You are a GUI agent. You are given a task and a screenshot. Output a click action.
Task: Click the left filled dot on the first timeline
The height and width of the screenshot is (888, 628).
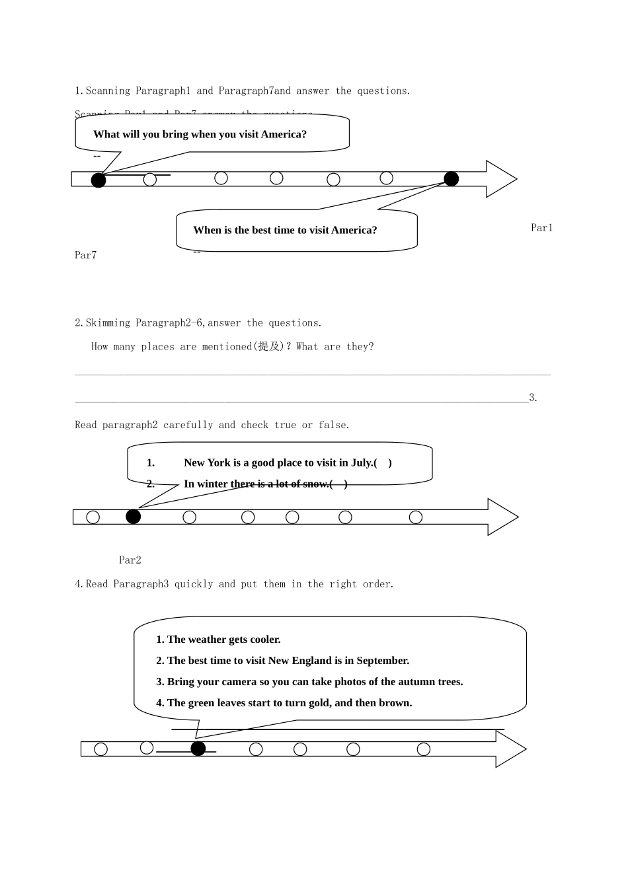point(98,180)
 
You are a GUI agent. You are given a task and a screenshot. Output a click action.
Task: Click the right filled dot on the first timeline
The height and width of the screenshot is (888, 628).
point(451,178)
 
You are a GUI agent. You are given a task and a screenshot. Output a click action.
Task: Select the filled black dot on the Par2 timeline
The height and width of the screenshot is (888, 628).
point(134,517)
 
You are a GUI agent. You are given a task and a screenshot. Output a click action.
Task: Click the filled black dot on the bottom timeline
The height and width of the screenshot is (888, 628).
point(198,749)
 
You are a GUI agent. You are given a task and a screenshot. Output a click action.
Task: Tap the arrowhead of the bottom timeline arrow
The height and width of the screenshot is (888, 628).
point(510,749)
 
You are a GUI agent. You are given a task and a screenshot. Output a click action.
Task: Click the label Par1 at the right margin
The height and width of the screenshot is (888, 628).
point(541,228)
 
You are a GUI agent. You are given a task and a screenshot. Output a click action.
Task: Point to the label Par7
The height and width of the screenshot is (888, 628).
point(85,255)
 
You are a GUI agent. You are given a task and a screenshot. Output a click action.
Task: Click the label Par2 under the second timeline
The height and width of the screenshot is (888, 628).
point(130,560)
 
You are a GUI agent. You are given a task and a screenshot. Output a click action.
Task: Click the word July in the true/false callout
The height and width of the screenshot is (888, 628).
point(361,463)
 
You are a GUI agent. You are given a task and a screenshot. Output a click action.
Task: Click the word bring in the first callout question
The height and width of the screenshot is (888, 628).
point(175,135)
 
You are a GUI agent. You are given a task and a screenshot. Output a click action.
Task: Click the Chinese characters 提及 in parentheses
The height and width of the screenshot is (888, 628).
point(268,347)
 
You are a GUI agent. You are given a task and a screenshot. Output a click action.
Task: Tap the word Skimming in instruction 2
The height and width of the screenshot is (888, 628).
point(108,323)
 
